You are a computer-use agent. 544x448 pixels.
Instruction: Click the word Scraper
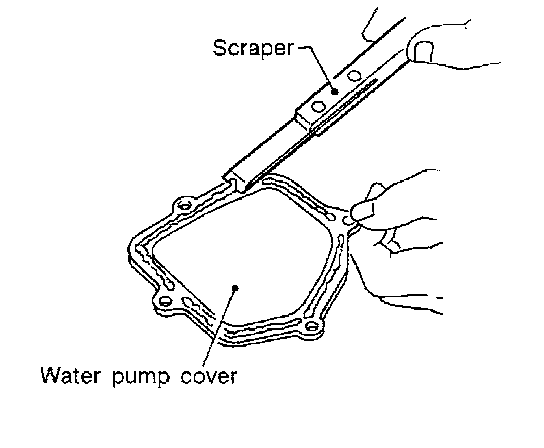[x=252, y=48]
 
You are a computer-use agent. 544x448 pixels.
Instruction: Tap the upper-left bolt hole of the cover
[x=184, y=206]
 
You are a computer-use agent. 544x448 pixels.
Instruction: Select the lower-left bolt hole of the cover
[x=165, y=301]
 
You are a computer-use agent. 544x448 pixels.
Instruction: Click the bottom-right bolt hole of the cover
[x=311, y=327]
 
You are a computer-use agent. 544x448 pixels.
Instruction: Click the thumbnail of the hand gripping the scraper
[x=422, y=51]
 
